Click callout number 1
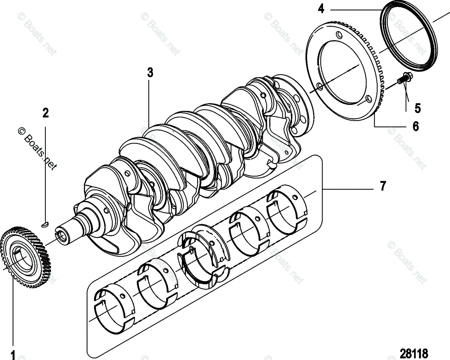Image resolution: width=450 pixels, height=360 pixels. click(x=13, y=354)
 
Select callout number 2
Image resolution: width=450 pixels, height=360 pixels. click(x=45, y=112)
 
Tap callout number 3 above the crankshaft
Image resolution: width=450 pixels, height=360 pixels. click(x=150, y=72)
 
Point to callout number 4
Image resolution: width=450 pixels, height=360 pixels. click(x=321, y=8)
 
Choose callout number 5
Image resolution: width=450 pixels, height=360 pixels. click(x=417, y=108)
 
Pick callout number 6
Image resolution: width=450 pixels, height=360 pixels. click(x=415, y=126)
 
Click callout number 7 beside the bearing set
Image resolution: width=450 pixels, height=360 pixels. click(x=383, y=186)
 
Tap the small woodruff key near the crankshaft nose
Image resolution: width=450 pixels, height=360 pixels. click(x=45, y=224)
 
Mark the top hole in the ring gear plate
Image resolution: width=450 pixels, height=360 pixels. click(x=339, y=36)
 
